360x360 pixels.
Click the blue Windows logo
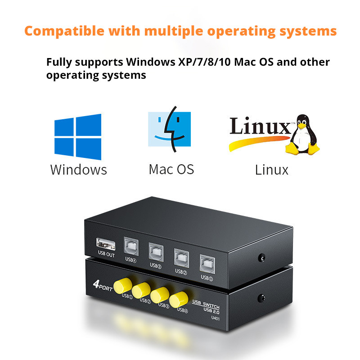tap(78, 137)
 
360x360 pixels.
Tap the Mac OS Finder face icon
tap(170, 129)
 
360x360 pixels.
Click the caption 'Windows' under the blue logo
tap(78, 170)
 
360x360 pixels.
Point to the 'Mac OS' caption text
tap(171, 170)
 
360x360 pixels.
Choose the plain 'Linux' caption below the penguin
tap(272, 170)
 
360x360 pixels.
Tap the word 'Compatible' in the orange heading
tap(64, 31)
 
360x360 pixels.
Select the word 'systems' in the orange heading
tap(308, 31)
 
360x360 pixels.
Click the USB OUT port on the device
tap(106, 244)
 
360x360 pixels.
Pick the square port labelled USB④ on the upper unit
tap(131, 246)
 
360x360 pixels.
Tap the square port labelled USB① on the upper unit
tap(207, 264)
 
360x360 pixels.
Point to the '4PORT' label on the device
tap(103, 286)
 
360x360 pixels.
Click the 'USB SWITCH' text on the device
tap(206, 304)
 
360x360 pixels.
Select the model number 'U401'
tap(215, 318)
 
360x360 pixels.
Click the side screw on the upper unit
tap(261, 258)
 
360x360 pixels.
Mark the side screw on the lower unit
tap(261, 298)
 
